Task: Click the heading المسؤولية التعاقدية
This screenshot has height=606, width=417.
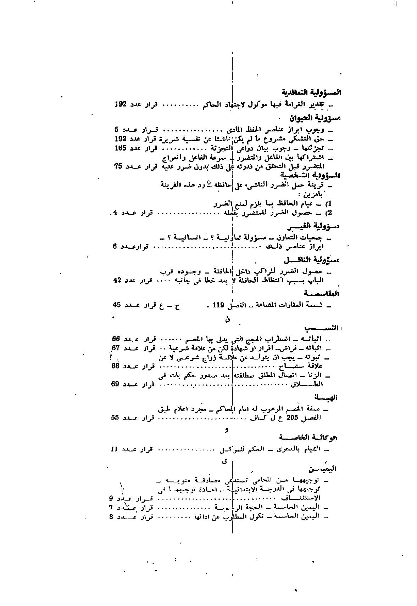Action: pos(312,92)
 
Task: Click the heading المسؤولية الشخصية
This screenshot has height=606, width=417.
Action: pos(310,175)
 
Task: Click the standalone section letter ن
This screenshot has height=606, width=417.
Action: pos(227,320)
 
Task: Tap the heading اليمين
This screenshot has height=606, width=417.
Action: pos(323,469)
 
